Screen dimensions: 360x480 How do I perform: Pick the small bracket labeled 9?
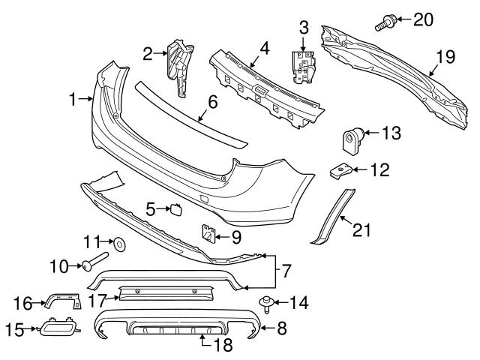pyautogui.click(x=207, y=235)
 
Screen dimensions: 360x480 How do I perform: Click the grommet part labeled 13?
pyautogui.click(x=352, y=139)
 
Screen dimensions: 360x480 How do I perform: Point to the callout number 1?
pyautogui.click(x=73, y=99)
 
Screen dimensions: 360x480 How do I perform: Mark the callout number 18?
pyautogui.click(x=223, y=345)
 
